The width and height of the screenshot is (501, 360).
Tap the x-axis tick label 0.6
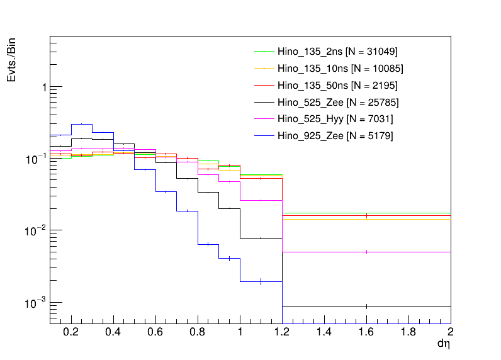coord(155,332)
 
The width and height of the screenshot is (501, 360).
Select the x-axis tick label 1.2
coord(282,332)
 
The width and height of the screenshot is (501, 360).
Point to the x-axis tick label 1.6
coord(366,332)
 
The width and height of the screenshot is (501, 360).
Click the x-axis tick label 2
coord(450,332)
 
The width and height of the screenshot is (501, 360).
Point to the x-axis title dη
coord(444,344)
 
